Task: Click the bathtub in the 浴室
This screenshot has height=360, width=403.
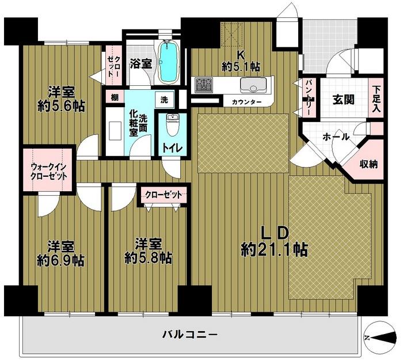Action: click(x=167, y=62)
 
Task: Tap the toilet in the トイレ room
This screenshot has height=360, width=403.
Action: click(x=171, y=125)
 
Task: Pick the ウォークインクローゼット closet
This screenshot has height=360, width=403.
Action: click(x=48, y=170)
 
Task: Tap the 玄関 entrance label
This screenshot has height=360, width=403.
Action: click(x=343, y=98)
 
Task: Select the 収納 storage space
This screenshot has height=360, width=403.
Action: click(x=368, y=164)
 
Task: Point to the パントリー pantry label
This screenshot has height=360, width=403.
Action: click(x=309, y=98)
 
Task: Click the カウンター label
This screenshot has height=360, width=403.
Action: click(x=247, y=102)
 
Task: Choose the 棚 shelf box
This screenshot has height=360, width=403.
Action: click(x=115, y=97)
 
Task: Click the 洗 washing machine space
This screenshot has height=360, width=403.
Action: click(x=164, y=98)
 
